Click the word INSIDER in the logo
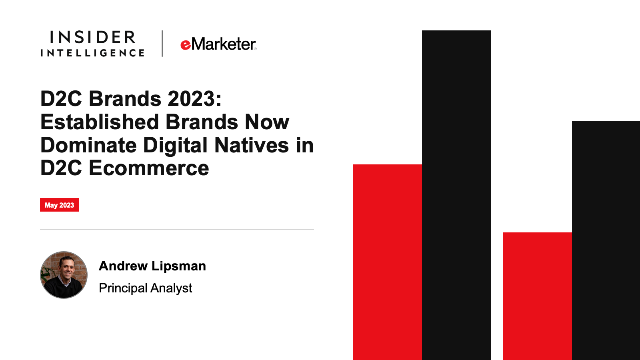tap(92, 37)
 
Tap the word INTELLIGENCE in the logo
tap(92, 53)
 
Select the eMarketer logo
tap(218, 44)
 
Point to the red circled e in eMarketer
tap(186, 45)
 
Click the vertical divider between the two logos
tap(162, 44)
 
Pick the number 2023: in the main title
tap(194, 98)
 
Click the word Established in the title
tap(100, 122)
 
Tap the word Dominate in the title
tap(88, 145)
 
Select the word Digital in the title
tap(175, 146)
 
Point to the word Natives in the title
tap(252, 145)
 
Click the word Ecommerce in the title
tap(149, 168)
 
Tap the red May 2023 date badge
tap(60, 205)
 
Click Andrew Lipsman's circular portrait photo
tap(64, 275)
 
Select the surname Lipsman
tap(178, 266)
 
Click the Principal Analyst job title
tap(146, 288)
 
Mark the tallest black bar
tap(456, 195)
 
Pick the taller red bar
tap(388, 262)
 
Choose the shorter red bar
tap(538, 296)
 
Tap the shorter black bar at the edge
tap(606, 240)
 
